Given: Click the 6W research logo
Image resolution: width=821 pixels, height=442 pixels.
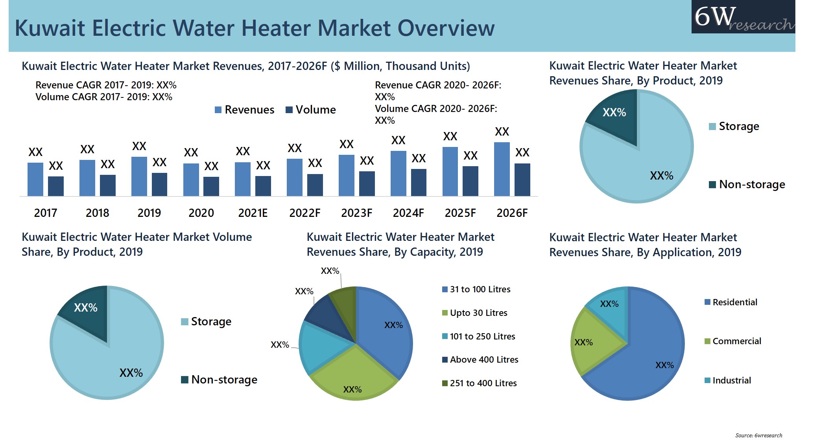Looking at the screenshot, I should click(743, 17).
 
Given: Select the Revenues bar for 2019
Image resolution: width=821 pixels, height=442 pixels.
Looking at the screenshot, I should click(139, 176).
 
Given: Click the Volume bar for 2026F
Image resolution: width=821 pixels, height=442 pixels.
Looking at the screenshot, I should click(522, 180).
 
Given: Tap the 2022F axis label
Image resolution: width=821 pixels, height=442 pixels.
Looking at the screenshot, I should click(304, 213).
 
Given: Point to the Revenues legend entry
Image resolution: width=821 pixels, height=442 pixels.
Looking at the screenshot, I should click(244, 110).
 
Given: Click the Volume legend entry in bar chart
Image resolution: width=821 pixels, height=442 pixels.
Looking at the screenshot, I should click(311, 110).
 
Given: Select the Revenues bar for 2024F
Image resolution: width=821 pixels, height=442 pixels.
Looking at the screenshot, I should click(398, 173).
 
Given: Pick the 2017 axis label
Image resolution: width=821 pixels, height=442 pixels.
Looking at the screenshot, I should click(46, 213).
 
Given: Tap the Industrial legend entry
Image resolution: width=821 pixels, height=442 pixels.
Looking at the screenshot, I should click(728, 380).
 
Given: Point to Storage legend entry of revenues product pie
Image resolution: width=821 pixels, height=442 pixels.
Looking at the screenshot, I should click(734, 127).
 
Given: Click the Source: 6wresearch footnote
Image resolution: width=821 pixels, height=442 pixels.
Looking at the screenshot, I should click(758, 435).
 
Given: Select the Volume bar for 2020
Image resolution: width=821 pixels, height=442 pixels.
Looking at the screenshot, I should click(211, 186).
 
